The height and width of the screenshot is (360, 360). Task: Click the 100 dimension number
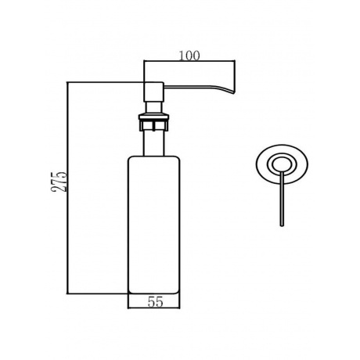(189, 56)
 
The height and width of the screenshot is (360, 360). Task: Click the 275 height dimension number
(59, 182)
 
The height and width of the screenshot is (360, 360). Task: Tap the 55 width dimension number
(155, 302)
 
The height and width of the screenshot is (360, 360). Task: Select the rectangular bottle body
(154, 225)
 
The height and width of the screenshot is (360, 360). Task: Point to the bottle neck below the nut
(153, 143)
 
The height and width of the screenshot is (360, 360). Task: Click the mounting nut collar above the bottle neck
(153, 121)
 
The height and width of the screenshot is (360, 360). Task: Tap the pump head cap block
(154, 92)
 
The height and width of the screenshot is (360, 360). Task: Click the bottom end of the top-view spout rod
(282, 225)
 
